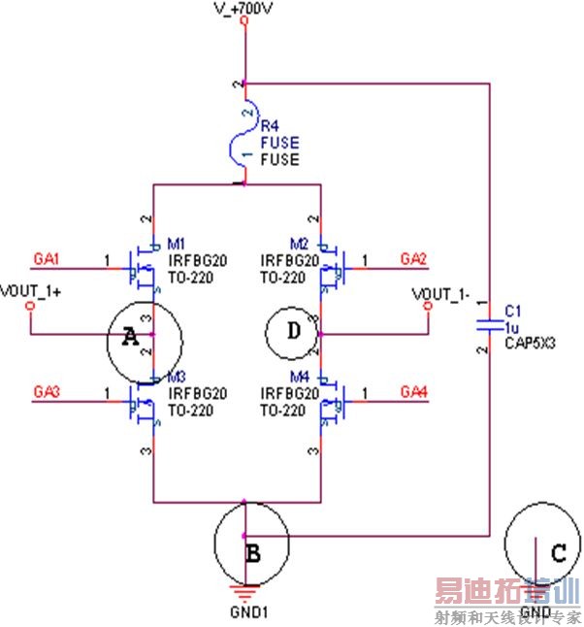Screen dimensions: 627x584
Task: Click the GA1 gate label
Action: (x=47, y=259)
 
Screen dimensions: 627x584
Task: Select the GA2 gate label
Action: (x=414, y=259)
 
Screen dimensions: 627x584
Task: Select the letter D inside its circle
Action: (x=292, y=332)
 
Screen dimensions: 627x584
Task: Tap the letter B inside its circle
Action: (x=253, y=554)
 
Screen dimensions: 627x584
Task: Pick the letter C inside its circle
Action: (x=558, y=553)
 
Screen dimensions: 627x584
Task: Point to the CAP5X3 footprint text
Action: (x=528, y=342)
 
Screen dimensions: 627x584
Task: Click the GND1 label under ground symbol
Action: (x=244, y=613)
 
